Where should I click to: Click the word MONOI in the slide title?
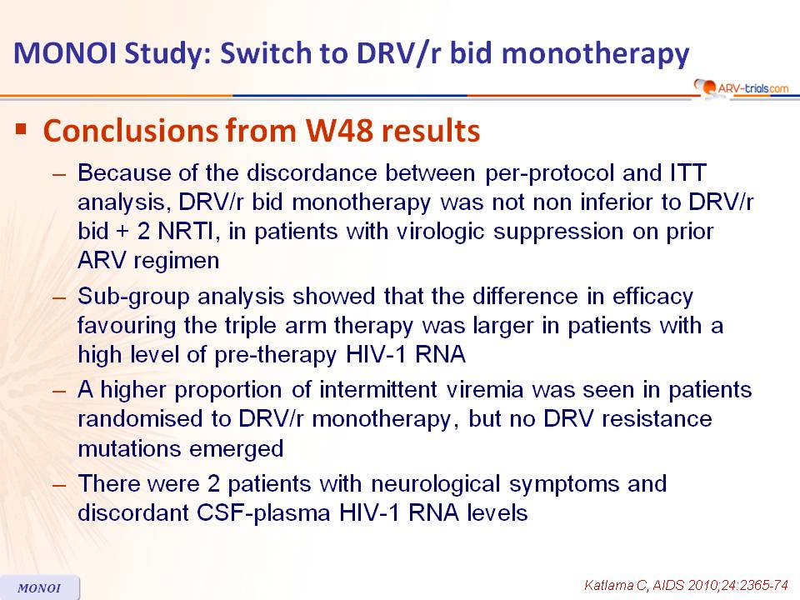pos(65,52)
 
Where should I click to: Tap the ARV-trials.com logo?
pos(742,87)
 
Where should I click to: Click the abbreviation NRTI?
pos(185,232)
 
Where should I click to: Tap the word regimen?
pos(176,262)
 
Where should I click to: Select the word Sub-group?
pos(133,297)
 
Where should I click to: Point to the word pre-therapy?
pos(276,355)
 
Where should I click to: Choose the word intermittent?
pos(378,390)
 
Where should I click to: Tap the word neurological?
pos(435,484)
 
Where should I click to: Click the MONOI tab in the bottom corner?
pos(39,587)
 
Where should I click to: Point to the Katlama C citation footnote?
pos(686,585)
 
